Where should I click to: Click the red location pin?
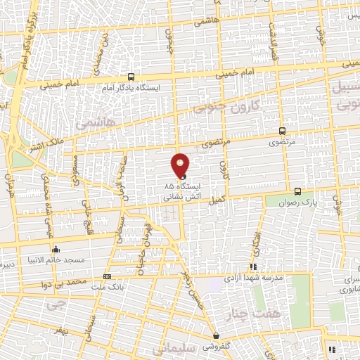click(180, 165)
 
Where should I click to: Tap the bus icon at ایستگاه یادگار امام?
click(131, 77)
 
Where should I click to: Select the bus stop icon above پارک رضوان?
click(297, 191)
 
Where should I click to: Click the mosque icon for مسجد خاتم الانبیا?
click(56, 249)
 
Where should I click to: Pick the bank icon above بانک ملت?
click(107, 276)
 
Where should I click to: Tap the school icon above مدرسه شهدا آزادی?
click(252, 267)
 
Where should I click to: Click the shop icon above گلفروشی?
click(216, 336)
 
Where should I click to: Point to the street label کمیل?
click(218, 200)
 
